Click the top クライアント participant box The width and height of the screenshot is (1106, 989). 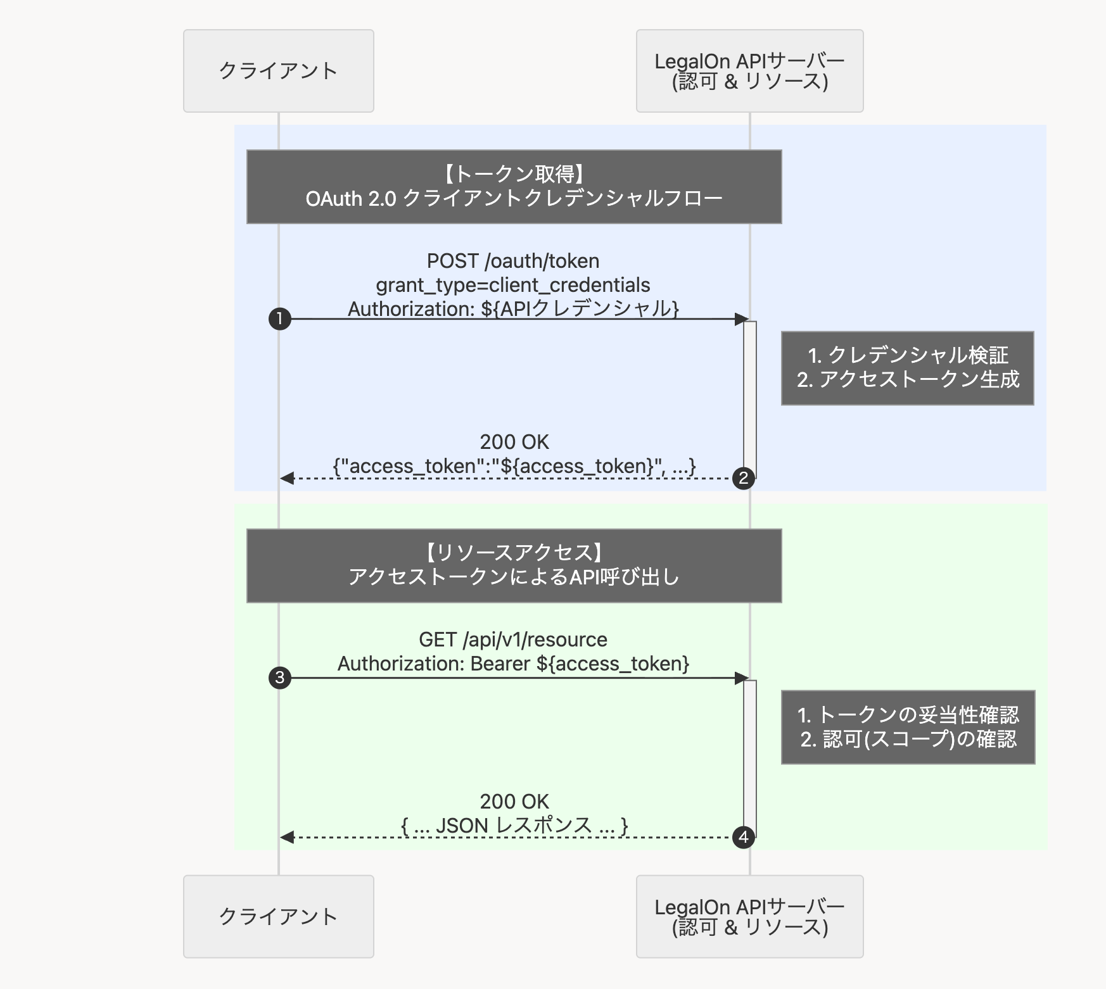278,71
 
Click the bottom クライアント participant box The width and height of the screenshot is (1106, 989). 278,916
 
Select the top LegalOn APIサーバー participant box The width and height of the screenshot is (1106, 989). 749,71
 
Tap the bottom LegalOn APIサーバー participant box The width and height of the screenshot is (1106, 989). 749,916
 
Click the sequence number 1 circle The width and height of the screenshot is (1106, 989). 279,318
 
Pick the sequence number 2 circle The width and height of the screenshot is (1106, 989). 743,478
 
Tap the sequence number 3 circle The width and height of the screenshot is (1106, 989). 279,677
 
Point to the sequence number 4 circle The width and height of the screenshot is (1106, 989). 743,837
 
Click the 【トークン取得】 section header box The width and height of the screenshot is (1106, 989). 514,187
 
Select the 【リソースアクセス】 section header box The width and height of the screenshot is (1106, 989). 514,565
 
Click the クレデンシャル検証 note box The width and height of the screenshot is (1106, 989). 907,368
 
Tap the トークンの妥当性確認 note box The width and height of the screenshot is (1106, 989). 908,727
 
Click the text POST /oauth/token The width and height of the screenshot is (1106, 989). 513,261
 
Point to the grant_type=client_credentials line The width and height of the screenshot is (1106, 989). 513,285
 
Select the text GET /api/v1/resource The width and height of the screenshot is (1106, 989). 513,639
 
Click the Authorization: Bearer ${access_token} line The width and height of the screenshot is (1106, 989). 513,664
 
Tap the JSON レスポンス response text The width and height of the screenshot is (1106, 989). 514,825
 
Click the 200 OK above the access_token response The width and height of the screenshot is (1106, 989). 514,442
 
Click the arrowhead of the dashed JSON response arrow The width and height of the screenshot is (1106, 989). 287,837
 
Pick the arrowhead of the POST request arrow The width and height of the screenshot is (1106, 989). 741,319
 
